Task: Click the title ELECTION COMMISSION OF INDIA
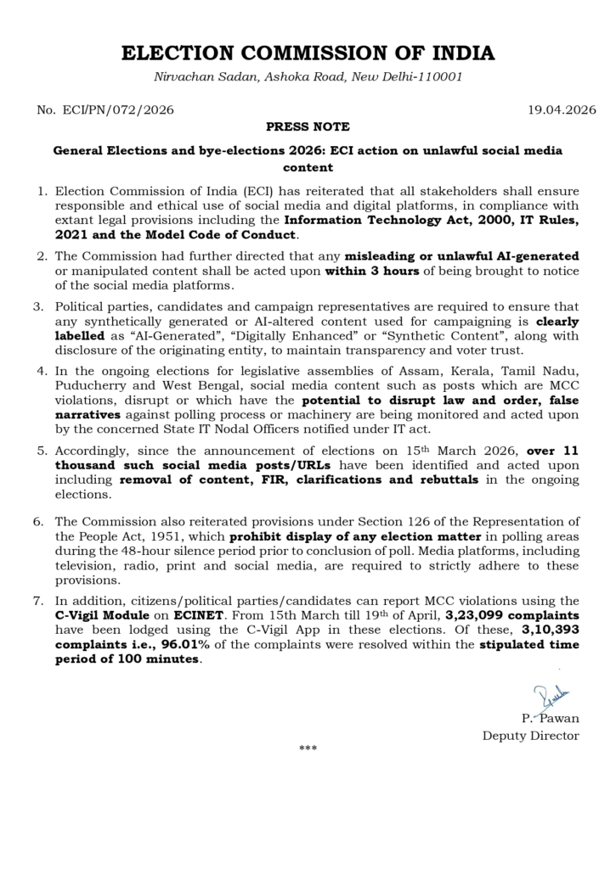point(308,53)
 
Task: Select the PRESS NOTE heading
point(308,126)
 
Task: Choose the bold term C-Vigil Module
point(101,614)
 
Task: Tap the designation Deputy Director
point(531,735)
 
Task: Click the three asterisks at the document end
point(308,749)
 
